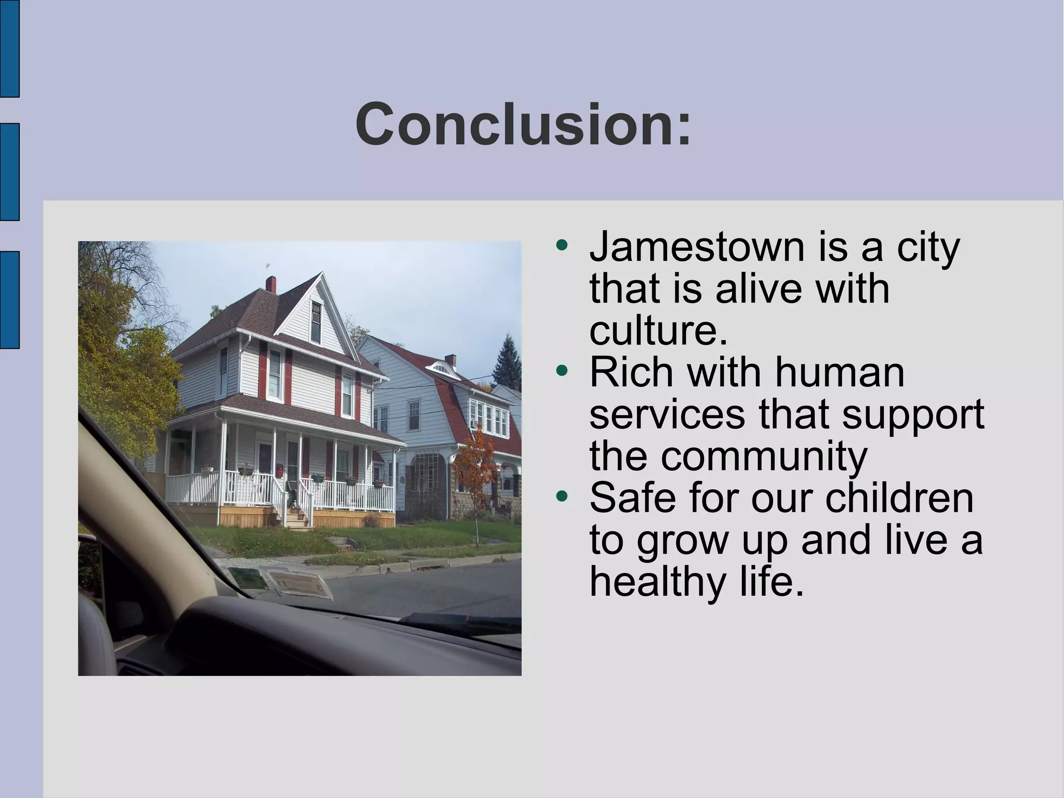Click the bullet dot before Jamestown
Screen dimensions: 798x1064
pyautogui.click(x=561, y=245)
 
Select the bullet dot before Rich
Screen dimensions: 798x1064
pyautogui.click(x=561, y=371)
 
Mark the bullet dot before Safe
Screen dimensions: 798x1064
pyautogui.click(x=561, y=496)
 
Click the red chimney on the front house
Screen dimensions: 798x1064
pyautogui.click(x=271, y=284)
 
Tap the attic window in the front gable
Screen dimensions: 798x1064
pyautogui.click(x=316, y=322)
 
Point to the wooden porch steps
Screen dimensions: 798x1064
pyautogui.click(x=298, y=518)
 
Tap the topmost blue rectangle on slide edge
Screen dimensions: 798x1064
pyautogui.click(x=9, y=48)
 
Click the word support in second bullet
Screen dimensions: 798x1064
pyautogui.click(x=913, y=414)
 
